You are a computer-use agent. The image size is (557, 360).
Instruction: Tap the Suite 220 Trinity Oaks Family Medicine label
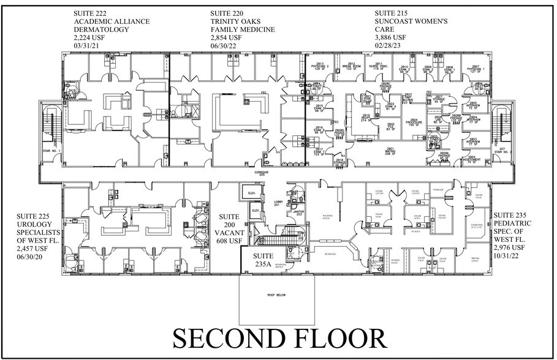243,29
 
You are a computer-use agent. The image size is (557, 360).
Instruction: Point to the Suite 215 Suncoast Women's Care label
404,29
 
